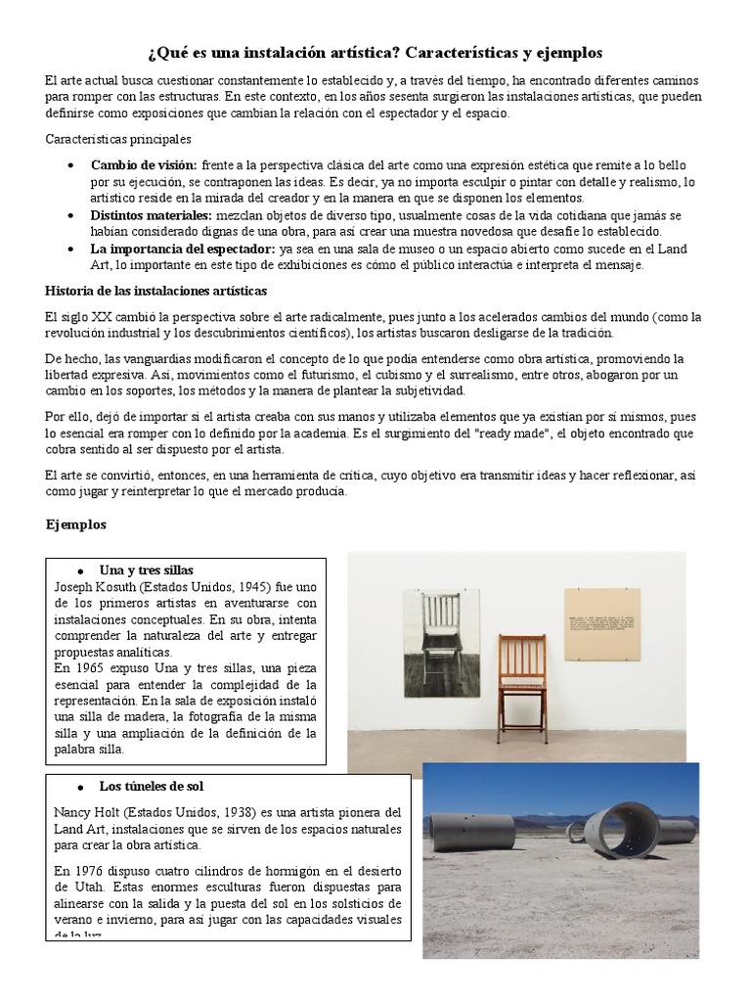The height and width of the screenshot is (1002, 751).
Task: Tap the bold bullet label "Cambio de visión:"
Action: click(144, 166)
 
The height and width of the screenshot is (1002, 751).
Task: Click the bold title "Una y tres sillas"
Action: click(147, 569)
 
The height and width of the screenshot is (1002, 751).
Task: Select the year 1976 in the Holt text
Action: click(82, 870)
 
